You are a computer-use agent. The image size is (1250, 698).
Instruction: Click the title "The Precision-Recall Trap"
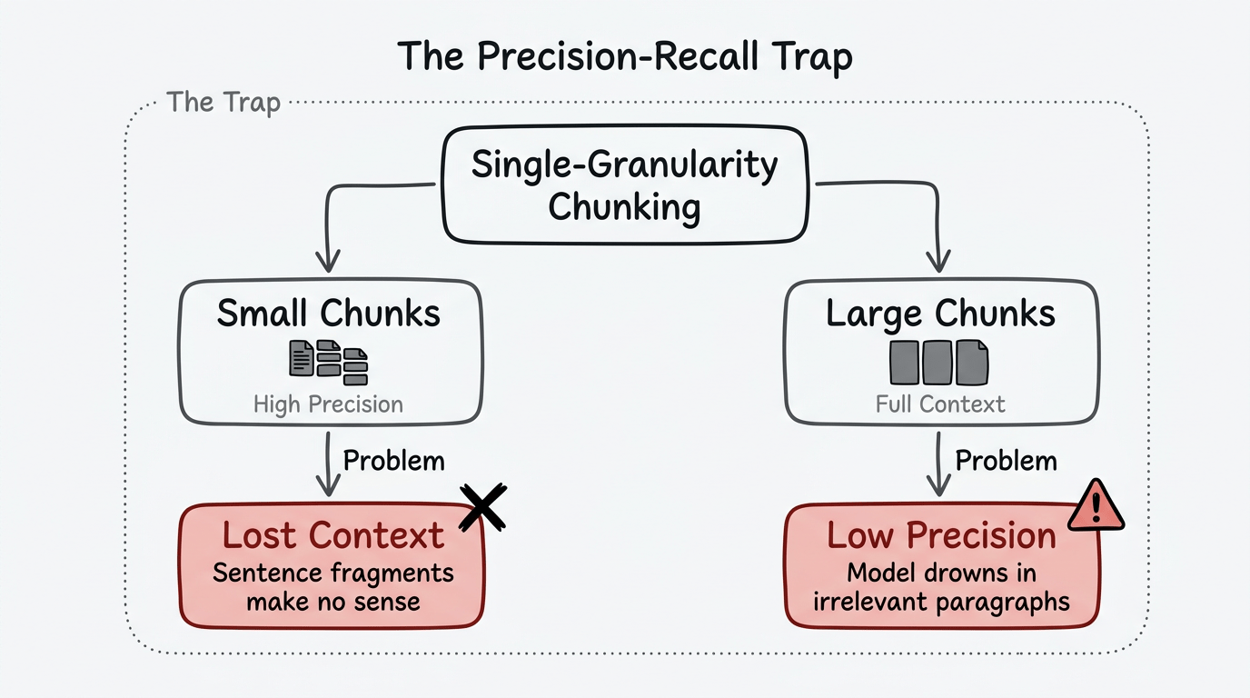pyautogui.click(x=625, y=57)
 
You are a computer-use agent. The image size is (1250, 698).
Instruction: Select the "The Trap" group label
pyautogui.click(x=223, y=102)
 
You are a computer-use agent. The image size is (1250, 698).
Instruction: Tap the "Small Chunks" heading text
pyautogui.click(x=329, y=314)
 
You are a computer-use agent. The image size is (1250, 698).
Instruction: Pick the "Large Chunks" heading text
pyautogui.click(x=940, y=314)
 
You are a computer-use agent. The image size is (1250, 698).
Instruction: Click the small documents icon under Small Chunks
pyautogui.click(x=328, y=361)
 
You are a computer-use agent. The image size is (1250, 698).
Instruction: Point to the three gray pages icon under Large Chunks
pyautogui.click(x=938, y=361)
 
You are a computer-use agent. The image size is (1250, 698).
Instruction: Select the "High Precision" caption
pyautogui.click(x=328, y=404)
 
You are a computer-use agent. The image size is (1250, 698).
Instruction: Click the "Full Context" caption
pyautogui.click(x=940, y=404)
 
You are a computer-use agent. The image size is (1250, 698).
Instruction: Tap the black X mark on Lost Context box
pyautogui.click(x=482, y=506)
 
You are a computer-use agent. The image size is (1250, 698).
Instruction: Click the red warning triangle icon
pyautogui.click(x=1096, y=504)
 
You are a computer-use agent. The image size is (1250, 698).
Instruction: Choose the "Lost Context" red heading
pyautogui.click(x=332, y=535)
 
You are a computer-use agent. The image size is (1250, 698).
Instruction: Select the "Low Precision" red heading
pyautogui.click(x=941, y=535)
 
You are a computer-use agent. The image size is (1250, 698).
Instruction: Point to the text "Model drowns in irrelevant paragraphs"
pyautogui.click(x=941, y=587)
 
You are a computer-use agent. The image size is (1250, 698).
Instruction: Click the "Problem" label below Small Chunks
pyautogui.click(x=393, y=460)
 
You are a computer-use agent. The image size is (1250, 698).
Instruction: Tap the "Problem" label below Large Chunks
pyautogui.click(x=1006, y=460)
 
